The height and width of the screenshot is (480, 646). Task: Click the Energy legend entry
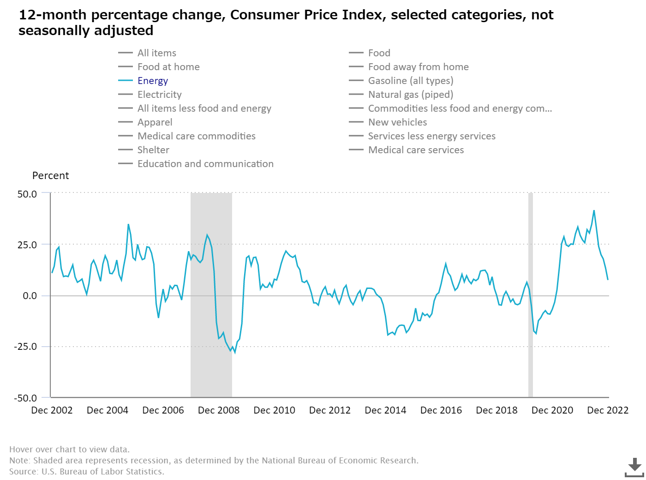tap(152, 81)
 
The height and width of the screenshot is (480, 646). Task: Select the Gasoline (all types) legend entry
tap(410, 81)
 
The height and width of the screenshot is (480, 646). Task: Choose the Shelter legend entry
tap(153, 150)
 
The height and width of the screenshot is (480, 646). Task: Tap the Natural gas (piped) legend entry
tap(410, 95)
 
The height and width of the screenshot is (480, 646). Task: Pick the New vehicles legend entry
tap(397, 122)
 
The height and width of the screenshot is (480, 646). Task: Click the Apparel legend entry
tap(155, 122)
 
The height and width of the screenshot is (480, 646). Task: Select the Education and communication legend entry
tap(205, 164)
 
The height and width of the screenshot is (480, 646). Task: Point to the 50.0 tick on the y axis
tap(27, 194)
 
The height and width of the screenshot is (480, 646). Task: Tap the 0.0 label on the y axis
tap(30, 296)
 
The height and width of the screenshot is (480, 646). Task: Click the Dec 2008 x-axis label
tap(219, 410)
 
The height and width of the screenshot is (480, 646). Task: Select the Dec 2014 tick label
tap(385, 410)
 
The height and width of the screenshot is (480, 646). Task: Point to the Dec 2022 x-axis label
tap(608, 410)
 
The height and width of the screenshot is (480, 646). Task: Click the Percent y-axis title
tap(50, 176)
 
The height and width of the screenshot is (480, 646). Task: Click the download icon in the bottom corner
tap(634, 467)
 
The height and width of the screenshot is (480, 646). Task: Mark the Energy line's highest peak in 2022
tap(594, 210)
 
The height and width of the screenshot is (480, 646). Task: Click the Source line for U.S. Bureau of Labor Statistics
tap(87, 471)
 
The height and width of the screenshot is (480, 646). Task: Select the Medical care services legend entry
tap(416, 150)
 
